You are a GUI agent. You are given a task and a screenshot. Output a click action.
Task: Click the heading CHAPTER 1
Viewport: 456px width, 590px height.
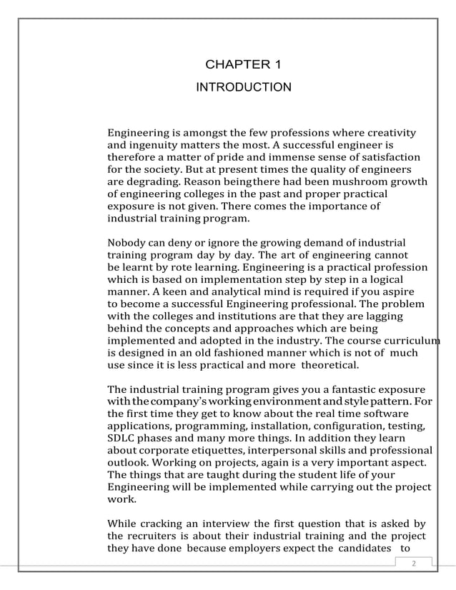coord(243,65)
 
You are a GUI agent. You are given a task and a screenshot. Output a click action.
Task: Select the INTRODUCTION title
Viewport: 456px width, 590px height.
coord(243,87)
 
